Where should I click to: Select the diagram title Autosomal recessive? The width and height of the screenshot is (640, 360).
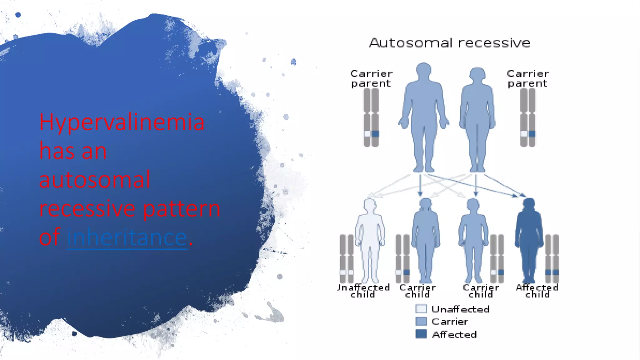(450, 43)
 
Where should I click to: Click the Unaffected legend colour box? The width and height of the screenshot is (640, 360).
(421, 309)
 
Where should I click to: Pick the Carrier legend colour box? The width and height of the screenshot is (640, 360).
(421, 321)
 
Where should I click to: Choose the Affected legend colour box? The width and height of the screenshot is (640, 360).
(421, 334)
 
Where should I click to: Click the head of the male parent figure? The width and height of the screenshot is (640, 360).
(424, 71)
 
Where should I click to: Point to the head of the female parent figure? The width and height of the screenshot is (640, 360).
(477, 74)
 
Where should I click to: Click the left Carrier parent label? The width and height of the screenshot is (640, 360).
(371, 78)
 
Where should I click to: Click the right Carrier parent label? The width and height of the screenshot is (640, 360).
(527, 78)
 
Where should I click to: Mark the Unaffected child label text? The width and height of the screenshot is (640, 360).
(363, 291)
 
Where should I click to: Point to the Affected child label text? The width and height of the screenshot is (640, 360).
(537, 291)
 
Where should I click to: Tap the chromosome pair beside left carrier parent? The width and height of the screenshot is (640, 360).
(371, 118)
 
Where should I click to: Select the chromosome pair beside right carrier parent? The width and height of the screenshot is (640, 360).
(528, 118)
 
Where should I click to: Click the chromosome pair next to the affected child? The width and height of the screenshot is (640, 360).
(552, 259)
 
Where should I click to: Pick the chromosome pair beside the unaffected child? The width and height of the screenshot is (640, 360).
(347, 259)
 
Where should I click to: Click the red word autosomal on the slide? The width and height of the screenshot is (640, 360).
(94, 180)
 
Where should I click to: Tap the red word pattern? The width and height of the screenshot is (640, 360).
(182, 209)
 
